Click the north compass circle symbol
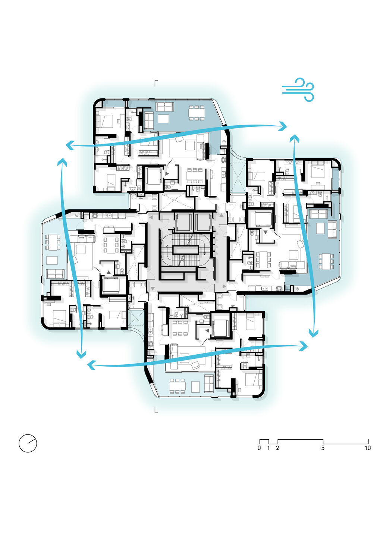pyautogui.click(x=28, y=443)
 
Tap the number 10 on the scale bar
pyautogui.click(x=368, y=448)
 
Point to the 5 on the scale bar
pyautogui.click(x=323, y=448)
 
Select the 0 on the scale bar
pyautogui.click(x=259, y=448)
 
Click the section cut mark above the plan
pyautogui.click(x=156, y=83)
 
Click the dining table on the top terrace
pyautogui.click(x=197, y=113)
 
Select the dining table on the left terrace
pyautogui.click(x=53, y=242)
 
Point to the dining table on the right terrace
pyautogui.click(x=326, y=261)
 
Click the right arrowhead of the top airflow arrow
pyautogui.click(x=283, y=126)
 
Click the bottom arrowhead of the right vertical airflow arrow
pyautogui.click(x=313, y=333)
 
